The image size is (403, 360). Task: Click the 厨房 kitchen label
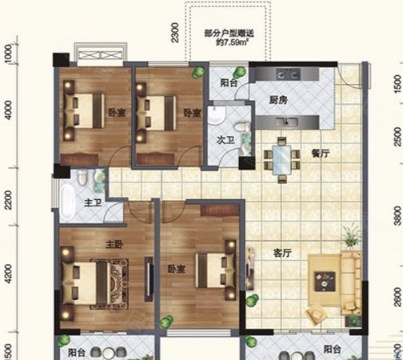(x=279, y=100)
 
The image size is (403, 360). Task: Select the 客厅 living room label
(x=281, y=253)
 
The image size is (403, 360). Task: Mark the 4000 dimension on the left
(x=8, y=110)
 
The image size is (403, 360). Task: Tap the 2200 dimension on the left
(x=8, y=195)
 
